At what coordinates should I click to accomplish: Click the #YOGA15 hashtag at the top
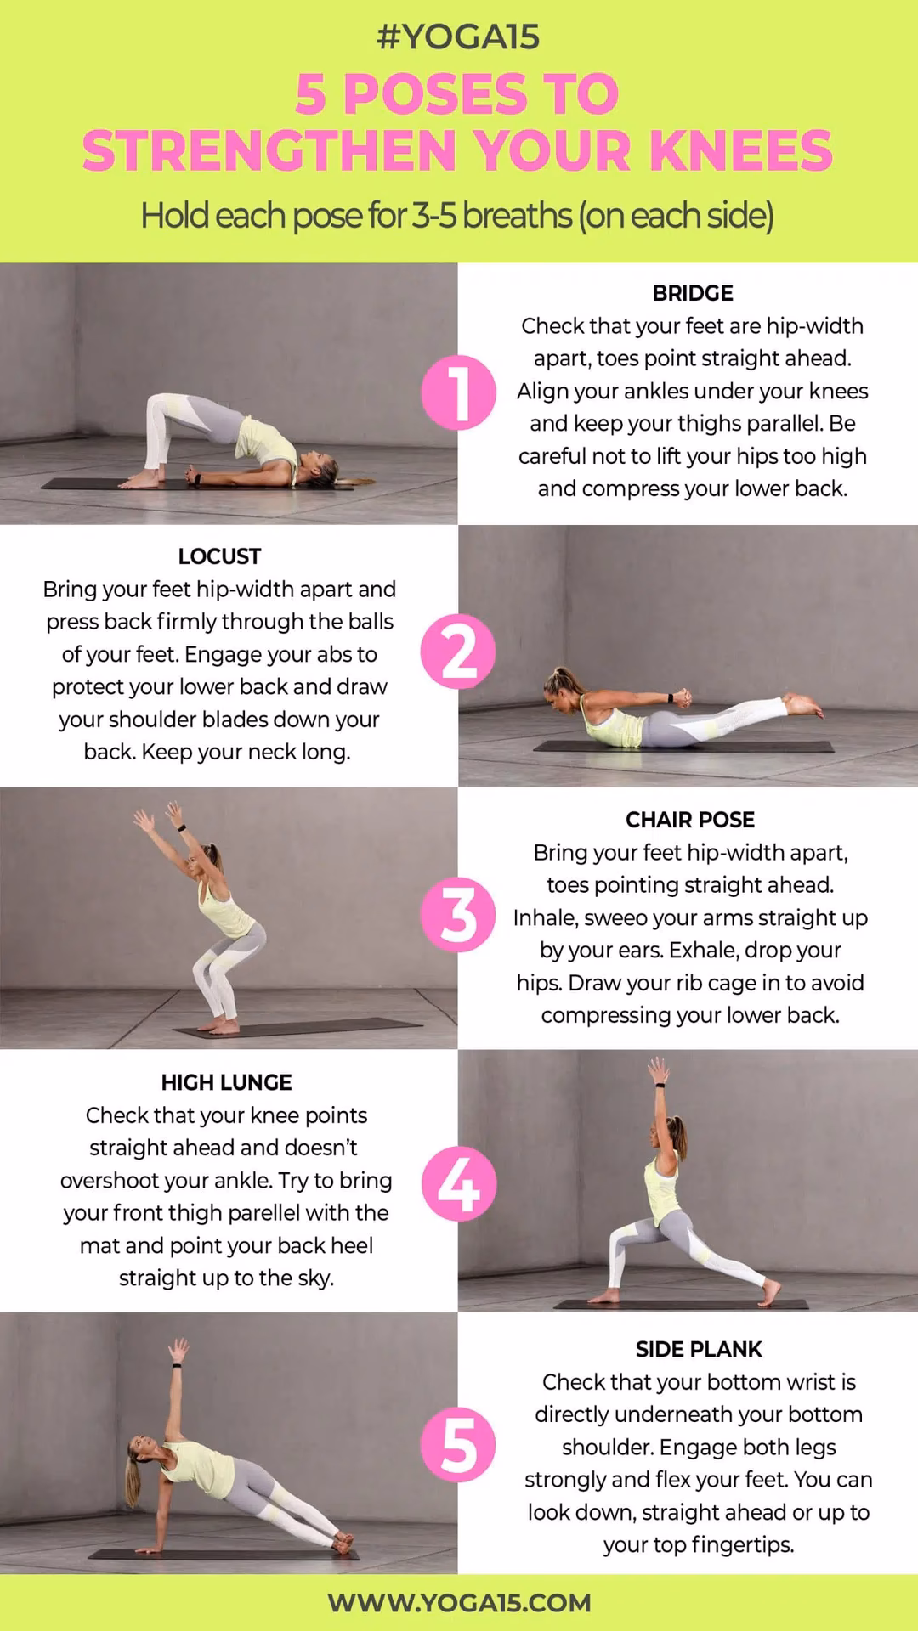click(x=458, y=37)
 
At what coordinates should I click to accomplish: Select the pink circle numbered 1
click(x=458, y=392)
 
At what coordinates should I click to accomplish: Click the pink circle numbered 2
click(x=458, y=652)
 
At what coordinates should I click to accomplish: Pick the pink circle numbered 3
click(x=458, y=915)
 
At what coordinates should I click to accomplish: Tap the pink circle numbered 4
click(x=458, y=1183)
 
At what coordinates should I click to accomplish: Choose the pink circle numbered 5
click(x=458, y=1445)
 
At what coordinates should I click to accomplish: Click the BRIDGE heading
click(x=692, y=293)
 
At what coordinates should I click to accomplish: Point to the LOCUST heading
click(x=219, y=556)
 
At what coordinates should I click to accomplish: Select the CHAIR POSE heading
click(x=689, y=820)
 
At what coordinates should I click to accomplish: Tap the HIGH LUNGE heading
click(x=226, y=1082)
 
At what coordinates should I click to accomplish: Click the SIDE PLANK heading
click(x=699, y=1349)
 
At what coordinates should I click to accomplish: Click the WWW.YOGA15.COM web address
click(x=458, y=1603)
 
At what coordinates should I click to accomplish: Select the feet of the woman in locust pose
click(x=802, y=705)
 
